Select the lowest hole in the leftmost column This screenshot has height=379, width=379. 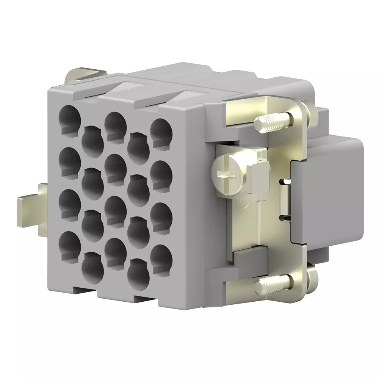[x=70, y=243]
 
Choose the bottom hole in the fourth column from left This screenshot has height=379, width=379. [x=138, y=271]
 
